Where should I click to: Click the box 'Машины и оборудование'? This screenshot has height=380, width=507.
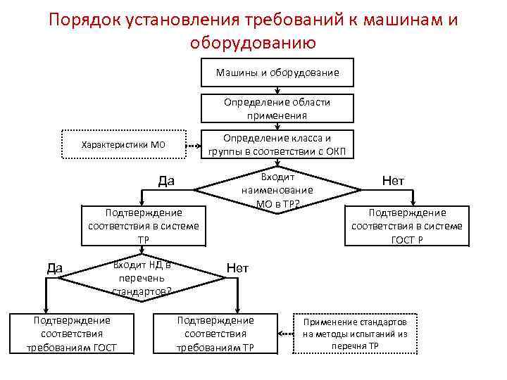[277, 72]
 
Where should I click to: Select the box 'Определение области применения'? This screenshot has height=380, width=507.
[277, 108]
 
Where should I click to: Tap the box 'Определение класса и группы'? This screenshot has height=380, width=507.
[277, 145]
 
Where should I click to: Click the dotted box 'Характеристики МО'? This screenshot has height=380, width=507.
[123, 145]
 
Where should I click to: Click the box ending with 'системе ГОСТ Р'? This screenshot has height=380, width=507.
[406, 226]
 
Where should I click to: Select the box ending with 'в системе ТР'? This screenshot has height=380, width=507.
[143, 226]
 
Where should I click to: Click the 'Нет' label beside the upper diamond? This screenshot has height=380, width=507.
[393, 181]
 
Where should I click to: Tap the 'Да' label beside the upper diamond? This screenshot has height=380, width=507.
[166, 181]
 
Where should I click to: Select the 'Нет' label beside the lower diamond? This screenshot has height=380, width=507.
[237, 267]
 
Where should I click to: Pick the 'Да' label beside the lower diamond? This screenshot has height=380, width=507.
[55, 267]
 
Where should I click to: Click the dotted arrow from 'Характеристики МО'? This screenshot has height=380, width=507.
[193, 146]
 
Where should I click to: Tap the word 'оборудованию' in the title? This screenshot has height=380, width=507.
[253, 42]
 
